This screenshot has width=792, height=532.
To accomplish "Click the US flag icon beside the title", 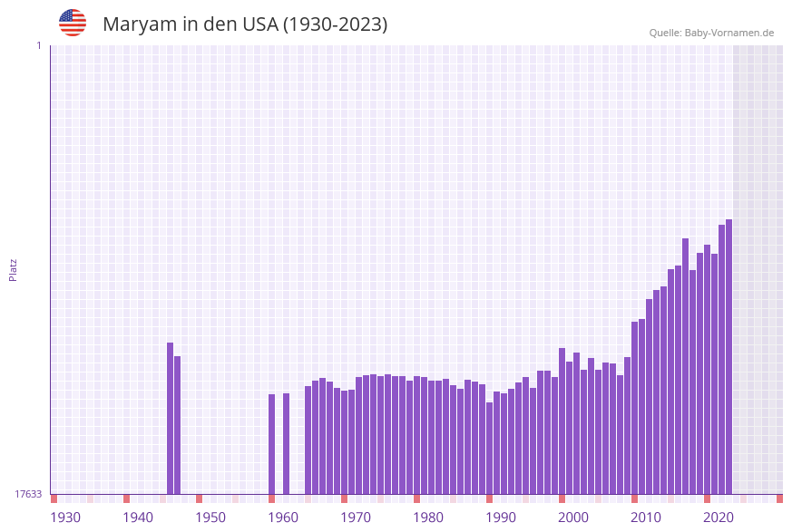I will click(x=73, y=23).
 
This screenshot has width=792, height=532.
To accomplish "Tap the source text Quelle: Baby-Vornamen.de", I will click(x=711, y=33).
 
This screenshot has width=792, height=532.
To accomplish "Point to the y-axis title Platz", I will click(x=14, y=269).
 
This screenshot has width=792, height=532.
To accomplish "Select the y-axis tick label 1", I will click(x=38, y=45).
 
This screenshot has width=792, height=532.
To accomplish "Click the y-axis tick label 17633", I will click(x=28, y=494).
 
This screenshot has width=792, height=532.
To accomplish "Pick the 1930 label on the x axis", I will click(x=65, y=517).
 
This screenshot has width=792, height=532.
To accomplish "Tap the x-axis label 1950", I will click(x=210, y=517).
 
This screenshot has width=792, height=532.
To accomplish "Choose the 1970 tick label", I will click(x=356, y=517).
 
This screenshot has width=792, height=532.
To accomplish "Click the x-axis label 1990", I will click(x=501, y=517).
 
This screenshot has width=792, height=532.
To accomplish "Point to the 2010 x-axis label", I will click(x=646, y=517).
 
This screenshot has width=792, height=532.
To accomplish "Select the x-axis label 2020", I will click(x=719, y=517).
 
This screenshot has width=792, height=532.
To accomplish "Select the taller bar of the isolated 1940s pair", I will click(x=170, y=418).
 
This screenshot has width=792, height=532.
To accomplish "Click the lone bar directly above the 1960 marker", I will click(x=286, y=443).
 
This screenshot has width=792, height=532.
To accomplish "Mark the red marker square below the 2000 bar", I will click(x=562, y=498).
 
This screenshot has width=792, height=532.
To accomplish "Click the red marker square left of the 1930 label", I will click(x=54, y=498).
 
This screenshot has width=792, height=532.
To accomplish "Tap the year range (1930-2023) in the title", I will click(x=336, y=24).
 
